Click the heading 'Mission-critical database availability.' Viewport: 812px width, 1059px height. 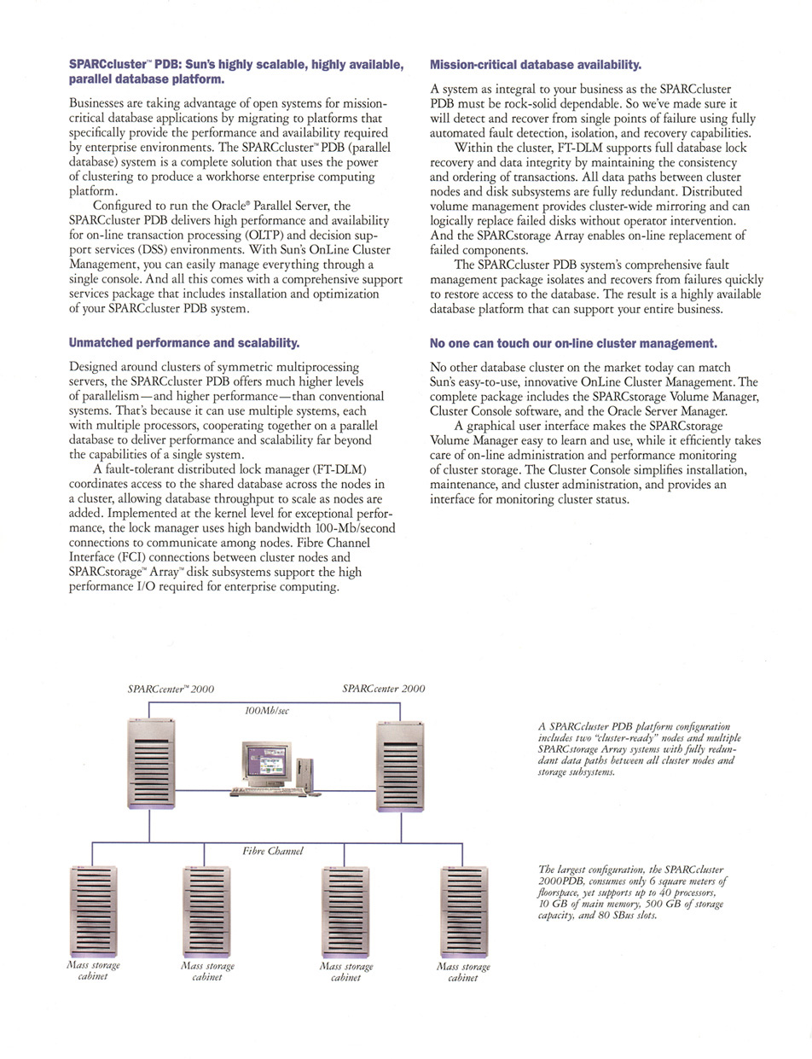535,65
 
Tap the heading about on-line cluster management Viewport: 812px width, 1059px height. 573,343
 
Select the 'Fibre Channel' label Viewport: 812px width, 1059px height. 273,851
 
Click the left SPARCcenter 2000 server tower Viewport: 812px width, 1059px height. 150,763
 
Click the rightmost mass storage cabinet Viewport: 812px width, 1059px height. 462,910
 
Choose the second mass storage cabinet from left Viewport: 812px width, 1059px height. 206,910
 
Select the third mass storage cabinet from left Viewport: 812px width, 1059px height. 345,910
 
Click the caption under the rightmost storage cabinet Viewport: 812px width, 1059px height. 462,972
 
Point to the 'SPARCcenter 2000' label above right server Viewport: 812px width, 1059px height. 383,689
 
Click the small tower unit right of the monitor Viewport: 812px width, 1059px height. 310,769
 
